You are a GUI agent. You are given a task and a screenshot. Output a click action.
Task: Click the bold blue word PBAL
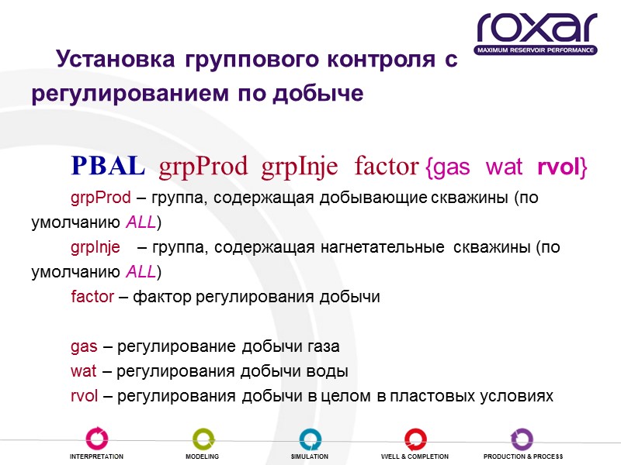(x=107, y=166)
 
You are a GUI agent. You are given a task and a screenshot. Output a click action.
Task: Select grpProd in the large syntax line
(x=203, y=167)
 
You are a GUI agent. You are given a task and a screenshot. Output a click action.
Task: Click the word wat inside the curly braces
(x=505, y=167)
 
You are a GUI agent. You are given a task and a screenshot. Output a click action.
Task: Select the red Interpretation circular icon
(x=98, y=439)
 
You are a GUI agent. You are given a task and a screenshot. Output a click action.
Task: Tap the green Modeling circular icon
(x=203, y=439)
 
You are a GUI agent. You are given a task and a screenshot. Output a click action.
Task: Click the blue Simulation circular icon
(x=310, y=439)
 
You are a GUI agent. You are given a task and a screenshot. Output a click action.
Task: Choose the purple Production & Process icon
(x=522, y=439)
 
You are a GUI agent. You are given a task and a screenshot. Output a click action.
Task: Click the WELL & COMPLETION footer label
(x=415, y=456)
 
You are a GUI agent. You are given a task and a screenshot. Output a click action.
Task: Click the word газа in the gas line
(x=323, y=346)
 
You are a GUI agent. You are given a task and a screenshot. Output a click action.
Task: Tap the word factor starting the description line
(x=92, y=297)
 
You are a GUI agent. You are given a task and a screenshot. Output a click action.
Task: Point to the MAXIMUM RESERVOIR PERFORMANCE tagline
(x=536, y=50)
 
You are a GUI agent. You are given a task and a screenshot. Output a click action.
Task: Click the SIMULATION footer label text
(x=310, y=456)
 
